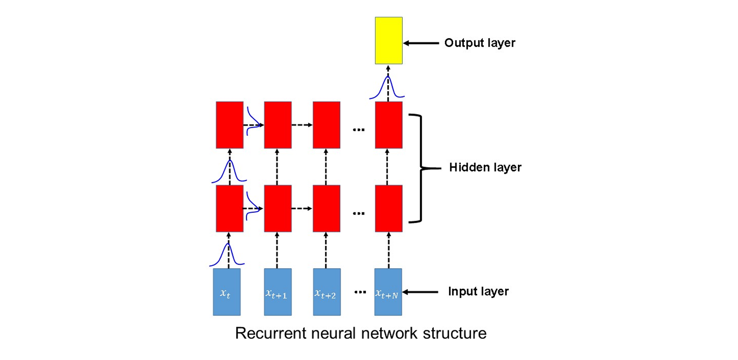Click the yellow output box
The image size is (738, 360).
tap(389, 40)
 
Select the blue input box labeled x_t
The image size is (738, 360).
tap(226, 292)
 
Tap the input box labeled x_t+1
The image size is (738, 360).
tap(278, 292)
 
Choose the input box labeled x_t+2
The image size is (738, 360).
tap(327, 292)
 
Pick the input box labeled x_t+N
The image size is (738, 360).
tap(388, 292)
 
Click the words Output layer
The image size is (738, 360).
tap(480, 43)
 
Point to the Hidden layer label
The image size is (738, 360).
tap(485, 167)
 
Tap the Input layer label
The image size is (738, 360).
tap(478, 292)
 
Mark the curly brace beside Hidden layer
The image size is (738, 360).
tap(421, 168)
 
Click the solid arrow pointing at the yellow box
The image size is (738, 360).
tap(421, 43)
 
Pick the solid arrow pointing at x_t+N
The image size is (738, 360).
tap(420, 292)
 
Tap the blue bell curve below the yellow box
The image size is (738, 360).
tap(387, 87)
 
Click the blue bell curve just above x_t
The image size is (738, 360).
tap(227, 255)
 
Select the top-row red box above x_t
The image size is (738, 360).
tap(229, 125)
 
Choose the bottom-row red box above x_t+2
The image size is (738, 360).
tap(326, 208)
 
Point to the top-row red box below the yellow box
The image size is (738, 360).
tap(389, 125)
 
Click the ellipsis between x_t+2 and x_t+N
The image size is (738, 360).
tap(360, 292)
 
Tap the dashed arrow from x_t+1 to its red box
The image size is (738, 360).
tap(277, 250)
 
